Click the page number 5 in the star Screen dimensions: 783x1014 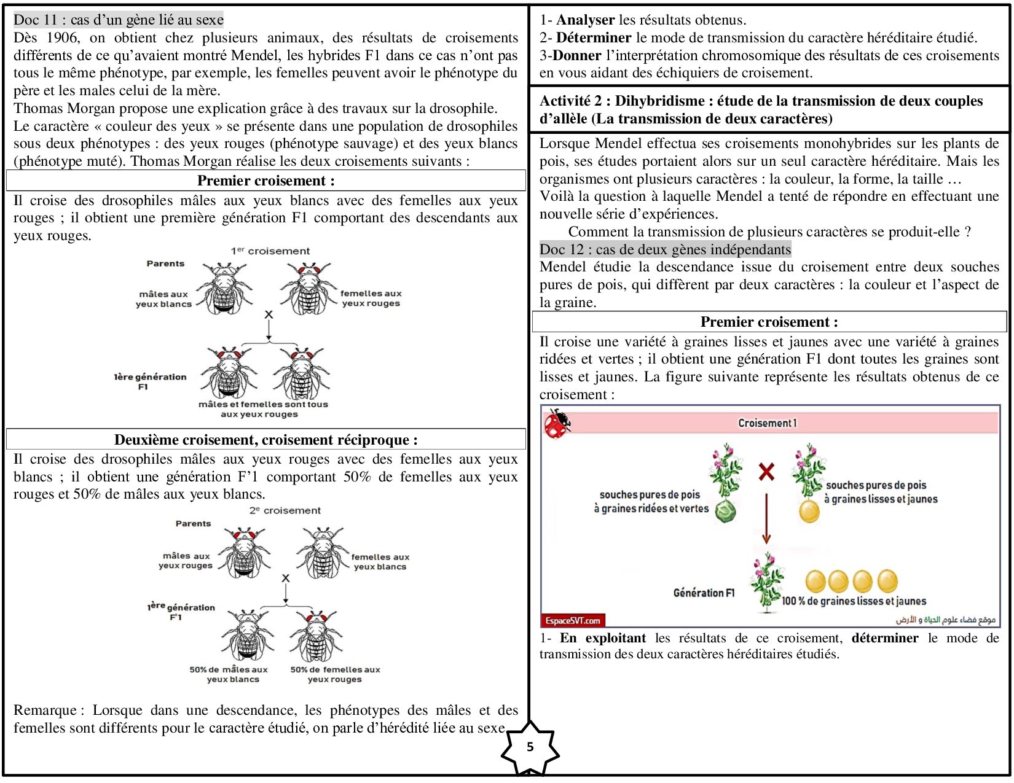click(530, 747)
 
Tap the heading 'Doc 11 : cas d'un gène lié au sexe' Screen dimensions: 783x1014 click(119, 20)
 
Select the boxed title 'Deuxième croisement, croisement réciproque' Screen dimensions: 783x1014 click(265, 440)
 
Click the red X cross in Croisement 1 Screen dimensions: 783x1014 click(766, 472)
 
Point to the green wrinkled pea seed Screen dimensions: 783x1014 click(726, 511)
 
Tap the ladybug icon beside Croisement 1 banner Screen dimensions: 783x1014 click(557, 423)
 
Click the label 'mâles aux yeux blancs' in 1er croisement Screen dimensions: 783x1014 click(163, 299)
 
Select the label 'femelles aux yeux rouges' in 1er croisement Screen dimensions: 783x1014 click(371, 298)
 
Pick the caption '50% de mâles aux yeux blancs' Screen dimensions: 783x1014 click(229, 674)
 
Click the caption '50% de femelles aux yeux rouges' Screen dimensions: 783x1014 click(335, 674)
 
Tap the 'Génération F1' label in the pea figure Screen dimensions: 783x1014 click(704, 593)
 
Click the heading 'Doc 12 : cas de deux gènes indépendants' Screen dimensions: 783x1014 click(665, 249)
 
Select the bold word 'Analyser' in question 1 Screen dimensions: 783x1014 click(585, 20)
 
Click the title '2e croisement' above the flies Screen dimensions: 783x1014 click(285, 510)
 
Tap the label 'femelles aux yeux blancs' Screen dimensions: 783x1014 click(380, 561)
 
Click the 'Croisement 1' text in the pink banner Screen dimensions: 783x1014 click(767, 423)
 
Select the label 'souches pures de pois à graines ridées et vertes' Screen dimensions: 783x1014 click(651, 502)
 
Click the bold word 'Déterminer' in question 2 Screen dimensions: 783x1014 click(593, 37)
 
